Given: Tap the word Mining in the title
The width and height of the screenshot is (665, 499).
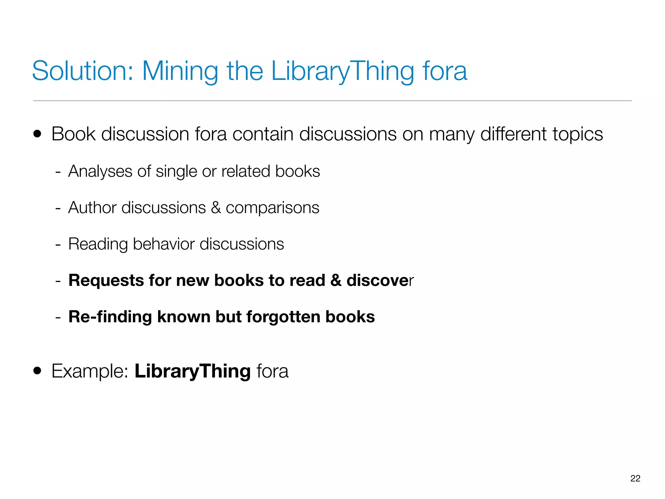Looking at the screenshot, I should pos(180,71).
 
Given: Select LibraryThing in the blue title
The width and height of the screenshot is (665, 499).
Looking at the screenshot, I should pos(343,71).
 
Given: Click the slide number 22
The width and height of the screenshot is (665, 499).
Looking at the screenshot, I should pos(635,478).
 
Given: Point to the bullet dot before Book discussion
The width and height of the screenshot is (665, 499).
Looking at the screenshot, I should pos(37,134).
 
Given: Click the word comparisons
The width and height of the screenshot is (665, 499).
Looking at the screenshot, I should pos(272,208).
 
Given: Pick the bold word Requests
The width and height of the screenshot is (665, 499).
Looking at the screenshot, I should pos(106,280).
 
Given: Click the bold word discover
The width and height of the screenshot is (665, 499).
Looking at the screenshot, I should pos(380,280).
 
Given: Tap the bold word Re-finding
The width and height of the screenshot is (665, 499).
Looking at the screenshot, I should pos(110,317).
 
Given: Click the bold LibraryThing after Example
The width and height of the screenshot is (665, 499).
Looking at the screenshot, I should pos(193,371).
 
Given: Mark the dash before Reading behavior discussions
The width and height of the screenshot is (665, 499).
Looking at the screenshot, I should pos(58,244).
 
